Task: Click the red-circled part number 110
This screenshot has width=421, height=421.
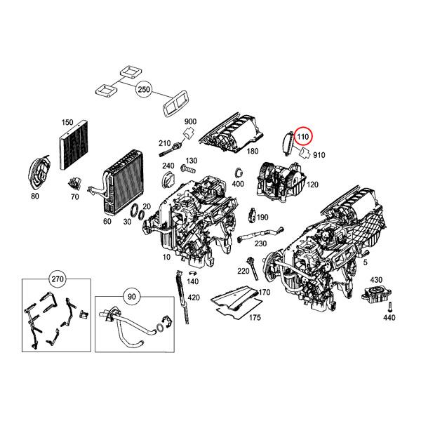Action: tap(304, 135)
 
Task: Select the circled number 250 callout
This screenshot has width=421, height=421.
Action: tap(144, 91)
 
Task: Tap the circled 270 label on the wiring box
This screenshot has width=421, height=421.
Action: tap(55, 279)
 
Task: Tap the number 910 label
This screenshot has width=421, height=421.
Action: tap(319, 154)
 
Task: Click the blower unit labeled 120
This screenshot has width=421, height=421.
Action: tap(281, 179)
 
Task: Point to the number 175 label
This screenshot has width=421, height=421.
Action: tap(255, 317)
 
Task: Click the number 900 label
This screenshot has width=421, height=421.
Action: tap(189, 121)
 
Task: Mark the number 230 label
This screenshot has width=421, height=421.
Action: tap(261, 243)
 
